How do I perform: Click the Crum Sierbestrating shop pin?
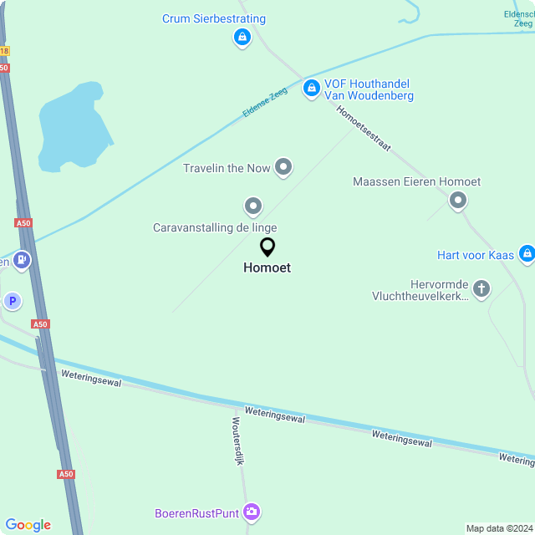coord(242,37)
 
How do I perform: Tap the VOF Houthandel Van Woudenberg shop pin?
coord(311,87)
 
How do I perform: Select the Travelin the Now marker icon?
coord(283,167)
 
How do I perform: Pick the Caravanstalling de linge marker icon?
coord(252,206)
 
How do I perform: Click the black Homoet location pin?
coord(267,247)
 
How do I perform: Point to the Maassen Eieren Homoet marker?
coord(457,200)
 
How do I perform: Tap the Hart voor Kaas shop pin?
coord(526,252)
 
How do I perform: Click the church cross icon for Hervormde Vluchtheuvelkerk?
coord(481,289)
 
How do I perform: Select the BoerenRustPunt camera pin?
coord(252,512)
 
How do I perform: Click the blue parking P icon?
coord(12,301)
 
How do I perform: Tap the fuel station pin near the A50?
coord(21,261)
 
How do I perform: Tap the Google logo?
coord(28,525)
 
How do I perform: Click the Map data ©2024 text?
coord(498,528)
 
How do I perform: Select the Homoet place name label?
coord(267,268)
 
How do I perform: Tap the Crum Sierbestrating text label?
coord(214,18)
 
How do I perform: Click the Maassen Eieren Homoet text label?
coord(416,181)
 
